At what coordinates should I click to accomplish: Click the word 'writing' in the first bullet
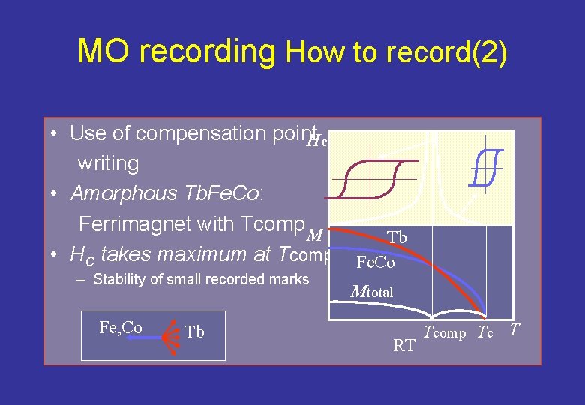click(108, 163)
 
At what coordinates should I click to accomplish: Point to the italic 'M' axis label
click(316, 235)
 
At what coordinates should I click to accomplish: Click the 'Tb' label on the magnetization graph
click(397, 238)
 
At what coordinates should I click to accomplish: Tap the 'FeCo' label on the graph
click(375, 263)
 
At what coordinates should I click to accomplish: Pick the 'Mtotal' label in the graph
click(372, 292)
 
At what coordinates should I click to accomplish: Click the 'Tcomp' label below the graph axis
click(445, 333)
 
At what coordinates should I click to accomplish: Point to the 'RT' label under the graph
click(404, 346)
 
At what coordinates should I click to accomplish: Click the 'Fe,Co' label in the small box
click(121, 327)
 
